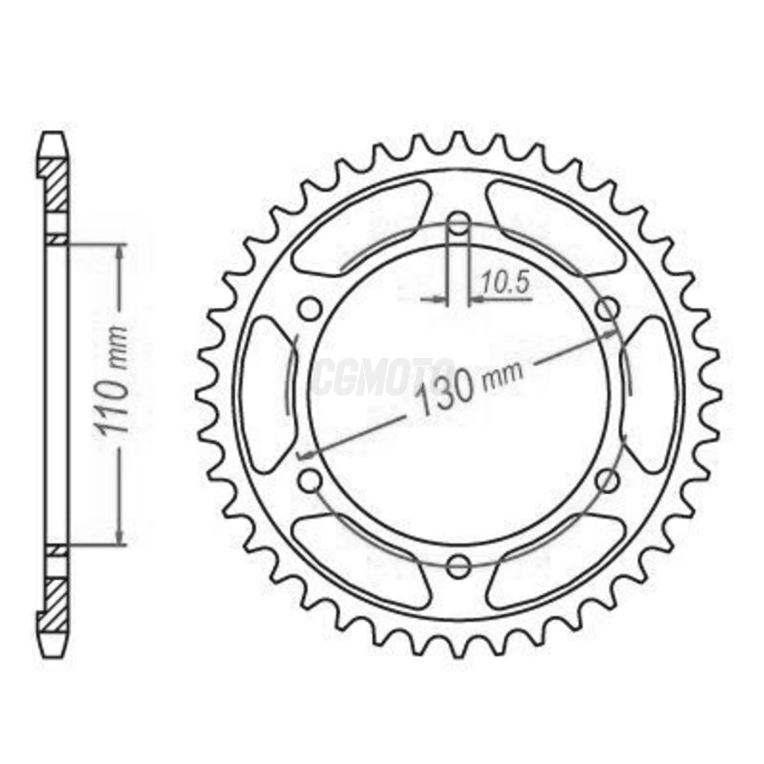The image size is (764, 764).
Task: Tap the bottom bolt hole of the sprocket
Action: point(458,566)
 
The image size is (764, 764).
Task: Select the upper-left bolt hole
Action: point(310,310)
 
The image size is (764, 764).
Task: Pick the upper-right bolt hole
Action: point(607,310)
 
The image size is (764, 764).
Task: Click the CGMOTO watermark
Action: point(382,377)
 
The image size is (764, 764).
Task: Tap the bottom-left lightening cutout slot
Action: point(360,562)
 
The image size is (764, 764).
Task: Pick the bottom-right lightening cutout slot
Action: point(557,562)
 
